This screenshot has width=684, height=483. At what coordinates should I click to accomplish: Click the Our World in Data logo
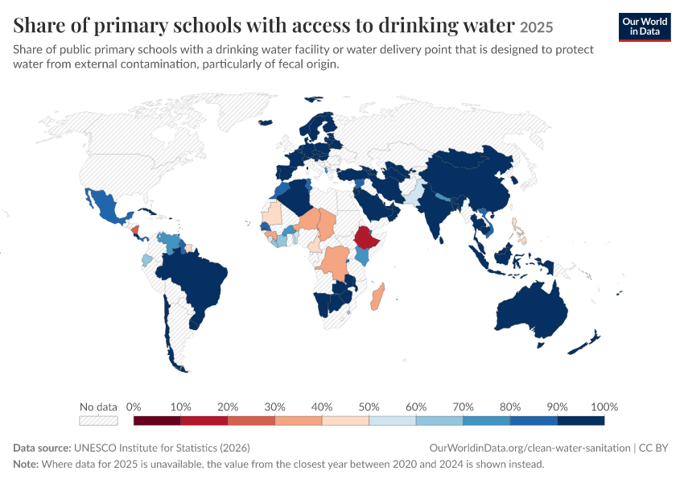pos(645,27)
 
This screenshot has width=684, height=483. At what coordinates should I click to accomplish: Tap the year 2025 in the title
pos(537,27)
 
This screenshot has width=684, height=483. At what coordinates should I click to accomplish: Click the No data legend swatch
pos(98,420)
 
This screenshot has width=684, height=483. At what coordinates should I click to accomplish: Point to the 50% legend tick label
pos(369,407)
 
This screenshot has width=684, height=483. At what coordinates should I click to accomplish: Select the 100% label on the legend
pos(604,407)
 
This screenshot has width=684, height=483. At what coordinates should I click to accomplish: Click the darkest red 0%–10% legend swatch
pos(157,420)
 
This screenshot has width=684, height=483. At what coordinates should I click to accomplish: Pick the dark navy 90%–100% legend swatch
pos(581,420)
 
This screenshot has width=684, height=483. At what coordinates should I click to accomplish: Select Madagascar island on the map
pos(377,297)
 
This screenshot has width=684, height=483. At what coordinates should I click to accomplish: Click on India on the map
pos(436,209)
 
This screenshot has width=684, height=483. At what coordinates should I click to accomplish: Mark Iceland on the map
pos(266,122)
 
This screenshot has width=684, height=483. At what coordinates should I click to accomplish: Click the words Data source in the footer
pos(42,448)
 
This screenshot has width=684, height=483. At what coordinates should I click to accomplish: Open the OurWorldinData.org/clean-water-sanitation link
pos(529,448)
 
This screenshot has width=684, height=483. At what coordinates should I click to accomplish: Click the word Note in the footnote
pos(26,464)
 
